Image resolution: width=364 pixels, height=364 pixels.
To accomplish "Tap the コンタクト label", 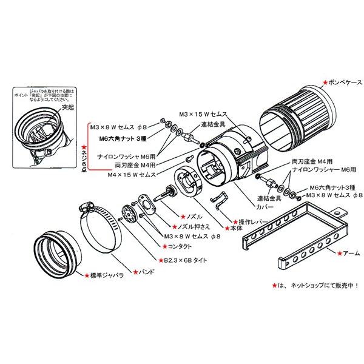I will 178,247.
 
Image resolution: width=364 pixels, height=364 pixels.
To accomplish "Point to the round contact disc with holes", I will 128,215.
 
